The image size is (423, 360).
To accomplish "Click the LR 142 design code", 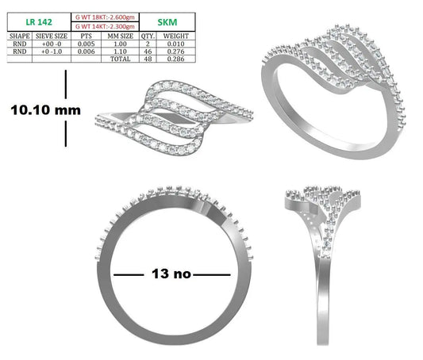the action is (39, 22).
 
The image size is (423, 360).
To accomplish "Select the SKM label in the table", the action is (167, 22).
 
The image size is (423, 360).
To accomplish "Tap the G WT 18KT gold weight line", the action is (105, 17).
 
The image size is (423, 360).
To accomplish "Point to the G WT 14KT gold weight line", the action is (105, 26).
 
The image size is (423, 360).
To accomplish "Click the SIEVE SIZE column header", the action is (52, 36).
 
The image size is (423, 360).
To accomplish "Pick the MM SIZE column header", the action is (121, 36).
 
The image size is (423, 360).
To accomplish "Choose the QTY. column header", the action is (148, 36).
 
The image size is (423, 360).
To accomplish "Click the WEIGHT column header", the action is (176, 36).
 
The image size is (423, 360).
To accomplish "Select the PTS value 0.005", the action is (86, 44).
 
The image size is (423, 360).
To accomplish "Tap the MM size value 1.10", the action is (121, 52).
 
